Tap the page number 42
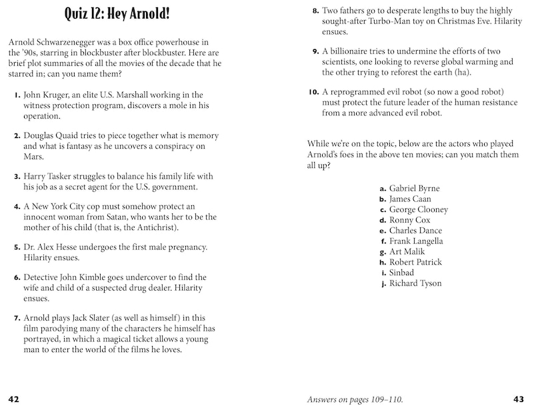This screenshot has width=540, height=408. pyautogui.click(x=14, y=399)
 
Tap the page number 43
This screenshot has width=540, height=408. pyautogui.click(x=519, y=399)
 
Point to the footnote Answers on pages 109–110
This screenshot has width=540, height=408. pyautogui.click(x=355, y=399)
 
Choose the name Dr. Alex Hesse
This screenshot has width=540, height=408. pyautogui.click(x=54, y=247)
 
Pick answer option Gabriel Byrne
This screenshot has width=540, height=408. pyautogui.click(x=414, y=188)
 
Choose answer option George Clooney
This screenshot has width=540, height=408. pyautogui.click(x=419, y=209)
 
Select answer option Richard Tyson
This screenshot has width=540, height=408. pyautogui.click(x=415, y=283)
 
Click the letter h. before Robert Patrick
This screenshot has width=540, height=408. pyautogui.click(x=383, y=263)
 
